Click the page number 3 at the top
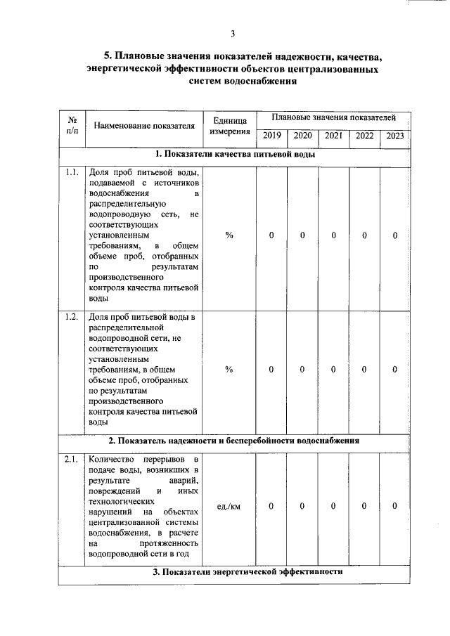click(x=233, y=33)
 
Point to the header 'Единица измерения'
click(x=229, y=126)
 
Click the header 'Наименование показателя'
click(x=143, y=126)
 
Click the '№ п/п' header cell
click(x=72, y=125)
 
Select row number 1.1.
click(x=72, y=173)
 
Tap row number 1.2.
click(x=72, y=317)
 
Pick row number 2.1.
click(x=72, y=460)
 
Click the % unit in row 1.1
click(x=229, y=235)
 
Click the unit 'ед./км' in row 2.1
click(x=229, y=506)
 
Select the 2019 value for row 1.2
click(x=271, y=369)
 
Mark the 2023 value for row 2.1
click(x=395, y=506)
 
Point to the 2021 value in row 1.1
click(x=334, y=235)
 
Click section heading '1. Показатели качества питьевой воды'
click(x=234, y=155)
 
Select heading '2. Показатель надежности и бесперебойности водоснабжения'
click(x=234, y=441)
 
